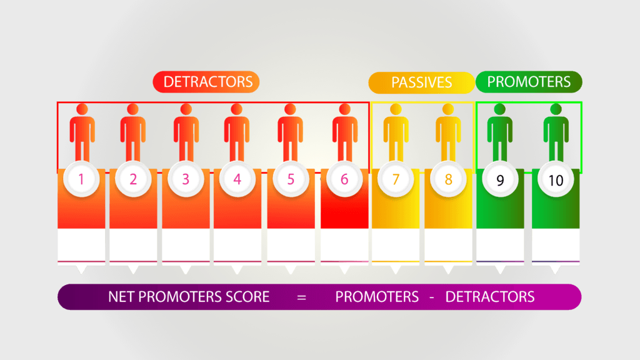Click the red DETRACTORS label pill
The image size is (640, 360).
(x=206, y=82)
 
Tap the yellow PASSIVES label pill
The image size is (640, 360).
(x=421, y=82)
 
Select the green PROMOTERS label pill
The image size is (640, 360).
(x=529, y=82)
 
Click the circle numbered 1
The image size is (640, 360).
(x=81, y=179)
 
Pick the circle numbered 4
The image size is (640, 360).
(x=237, y=179)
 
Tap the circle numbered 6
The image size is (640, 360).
(x=344, y=179)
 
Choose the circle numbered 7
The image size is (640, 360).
(x=396, y=179)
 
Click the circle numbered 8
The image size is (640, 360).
(x=448, y=179)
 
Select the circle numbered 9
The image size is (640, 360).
(x=500, y=179)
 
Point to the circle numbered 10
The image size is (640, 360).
(x=556, y=179)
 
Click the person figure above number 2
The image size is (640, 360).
(x=133, y=132)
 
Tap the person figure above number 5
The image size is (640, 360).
(x=290, y=132)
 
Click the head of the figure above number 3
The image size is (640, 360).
(x=186, y=109)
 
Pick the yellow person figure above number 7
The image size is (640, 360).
(x=396, y=132)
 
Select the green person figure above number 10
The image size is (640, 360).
(x=556, y=132)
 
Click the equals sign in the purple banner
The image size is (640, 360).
(x=302, y=297)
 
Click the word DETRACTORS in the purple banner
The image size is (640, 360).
(x=490, y=297)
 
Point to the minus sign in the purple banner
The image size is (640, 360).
(x=432, y=297)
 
